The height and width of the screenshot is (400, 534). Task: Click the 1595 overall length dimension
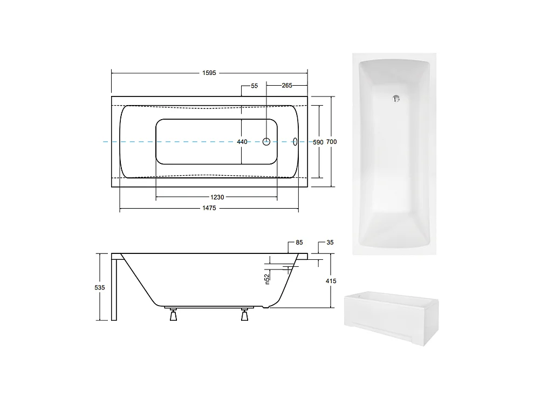click(x=209, y=73)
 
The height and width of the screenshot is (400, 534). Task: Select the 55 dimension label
click(x=255, y=86)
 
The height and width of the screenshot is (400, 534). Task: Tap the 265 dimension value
click(x=286, y=86)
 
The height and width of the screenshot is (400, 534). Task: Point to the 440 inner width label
click(x=242, y=142)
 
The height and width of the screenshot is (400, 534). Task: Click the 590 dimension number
click(x=318, y=142)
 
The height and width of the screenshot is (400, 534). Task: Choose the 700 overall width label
click(x=332, y=142)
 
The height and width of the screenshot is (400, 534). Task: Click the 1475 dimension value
click(x=209, y=210)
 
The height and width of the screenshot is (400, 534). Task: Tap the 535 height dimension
click(x=100, y=288)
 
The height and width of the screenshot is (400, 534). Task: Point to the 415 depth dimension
click(x=331, y=281)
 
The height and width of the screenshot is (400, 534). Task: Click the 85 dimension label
click(x=299, y=243)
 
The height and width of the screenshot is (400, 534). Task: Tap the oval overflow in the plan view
click(x=295, y=142)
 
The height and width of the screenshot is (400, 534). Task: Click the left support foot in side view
click(x=174, y=315)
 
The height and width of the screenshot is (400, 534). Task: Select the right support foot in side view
click(x=245, y=315)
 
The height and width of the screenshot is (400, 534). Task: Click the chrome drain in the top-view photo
click(x=396, y=98)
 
